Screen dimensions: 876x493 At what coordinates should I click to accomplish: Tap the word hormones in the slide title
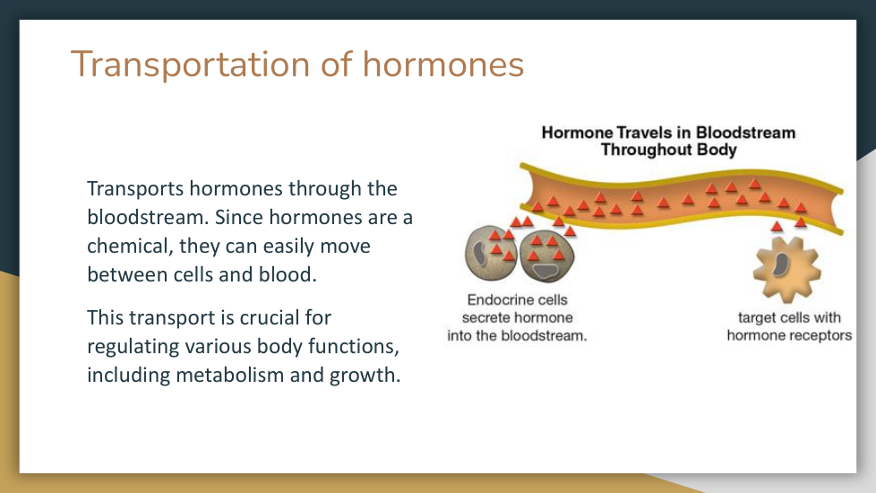[x=443, y=64]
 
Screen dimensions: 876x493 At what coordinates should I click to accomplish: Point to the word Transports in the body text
[x=135, y=189]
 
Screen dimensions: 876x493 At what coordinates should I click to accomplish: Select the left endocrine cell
[x=491, y=253]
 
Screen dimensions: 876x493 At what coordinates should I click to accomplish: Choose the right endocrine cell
[x=547, y=256]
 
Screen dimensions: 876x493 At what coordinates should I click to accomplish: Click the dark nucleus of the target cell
[x=780, y=265]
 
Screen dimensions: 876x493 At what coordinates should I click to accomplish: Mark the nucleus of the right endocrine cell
[x=545, y=272]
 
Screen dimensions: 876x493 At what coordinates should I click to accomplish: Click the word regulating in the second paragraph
[x=133, y=347]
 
